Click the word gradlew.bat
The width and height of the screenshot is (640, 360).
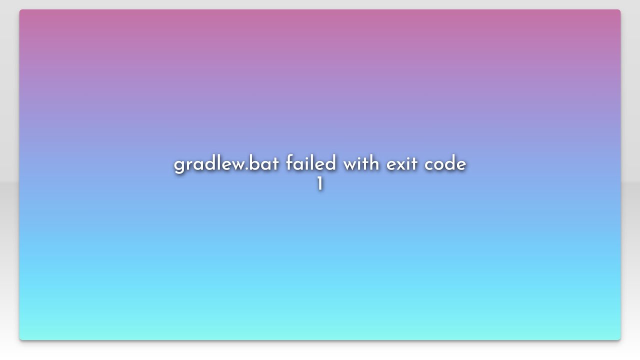tap(226, 164)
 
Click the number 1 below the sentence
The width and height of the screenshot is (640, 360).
tap(319, 184)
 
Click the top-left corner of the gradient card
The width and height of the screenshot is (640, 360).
tap(20, 10)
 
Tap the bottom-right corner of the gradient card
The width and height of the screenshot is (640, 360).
tap(620, 339)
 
